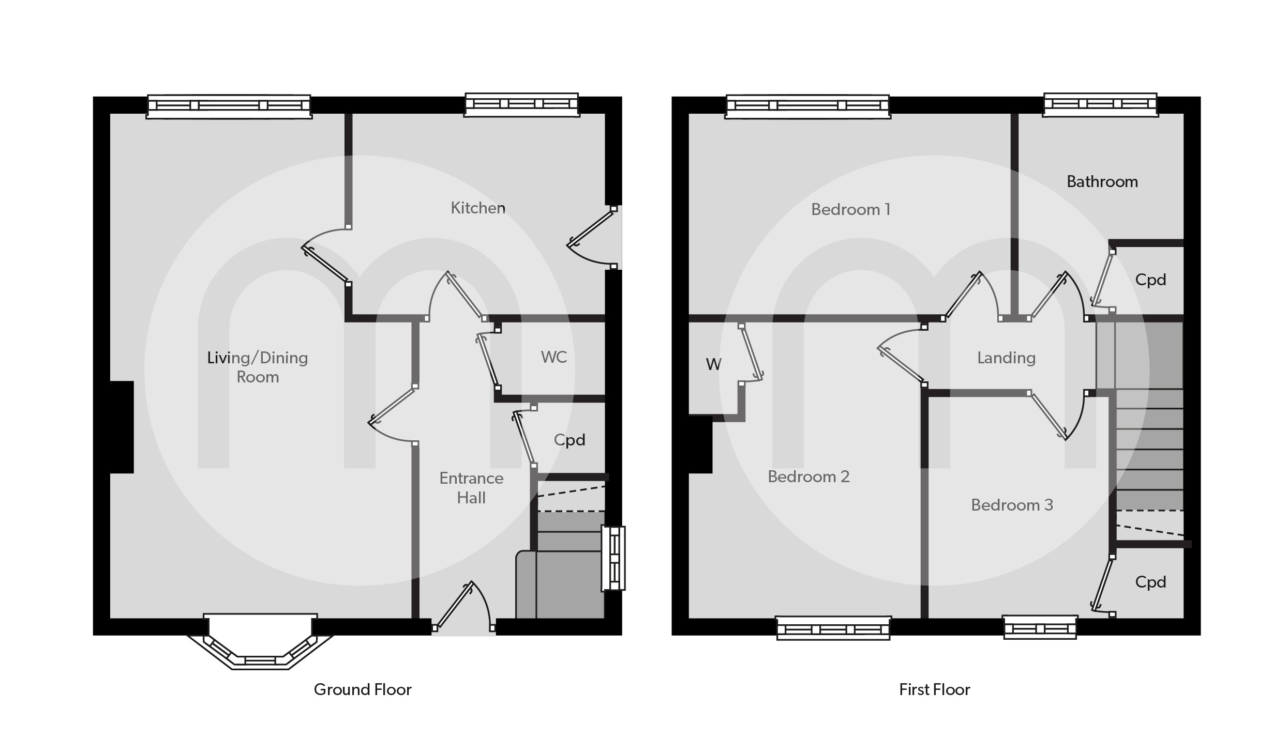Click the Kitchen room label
tap(478, 208)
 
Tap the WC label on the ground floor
tap(553, 357)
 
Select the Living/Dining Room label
tap(258, 367)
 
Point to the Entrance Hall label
tap(471, 488)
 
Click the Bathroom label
tap(1102, 182)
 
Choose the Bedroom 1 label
tap(850, 209)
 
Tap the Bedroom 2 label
tap(808, 476)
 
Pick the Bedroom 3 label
tap(1012, 505)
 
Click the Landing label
tap(1006, 358)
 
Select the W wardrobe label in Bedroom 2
tap(713, 365)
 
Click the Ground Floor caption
tap(363, 689)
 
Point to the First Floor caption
tap(934, 689)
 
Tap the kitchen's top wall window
tap(521, 105)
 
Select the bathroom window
tap(1100, 105)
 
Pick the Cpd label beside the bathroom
tap(1150, 280)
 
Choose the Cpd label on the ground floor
tap(569, 440)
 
